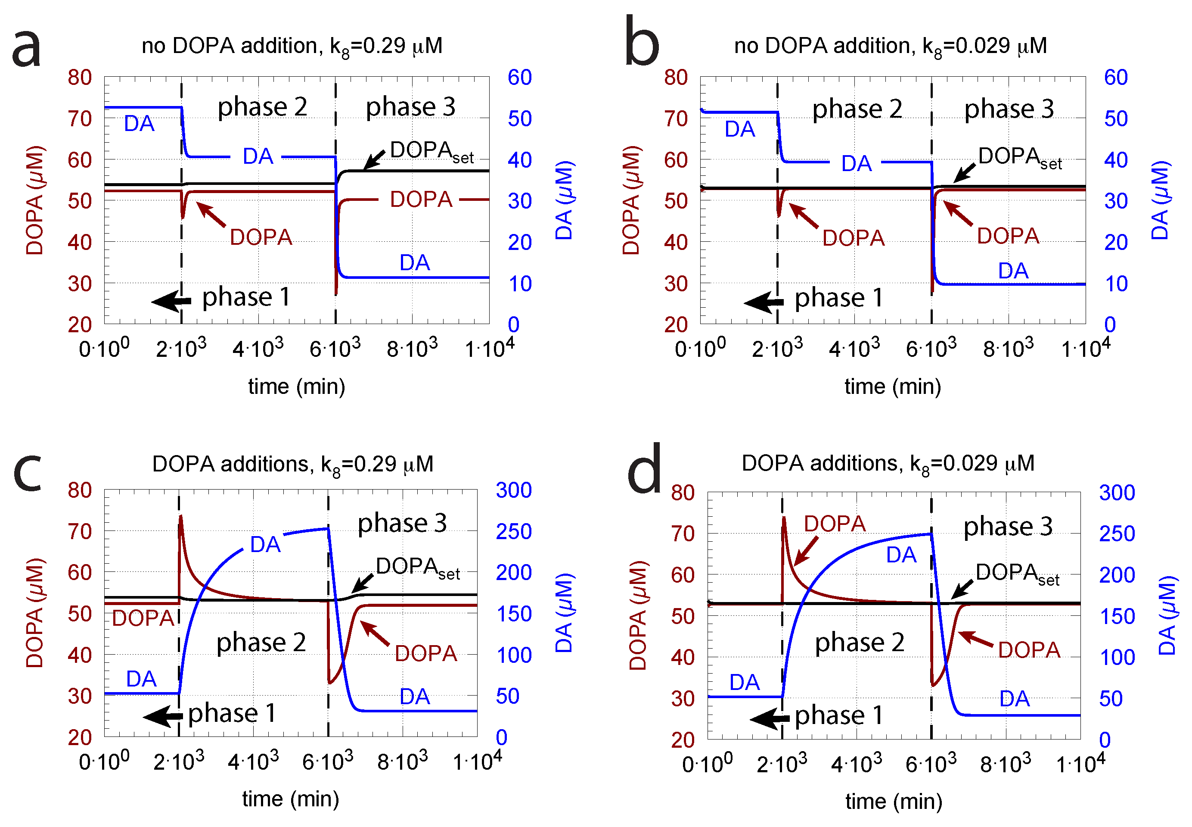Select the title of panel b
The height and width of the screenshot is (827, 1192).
pos(890,47)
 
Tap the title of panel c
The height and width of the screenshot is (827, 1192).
pos(292,464)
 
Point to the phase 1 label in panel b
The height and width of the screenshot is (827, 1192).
pos(838,298)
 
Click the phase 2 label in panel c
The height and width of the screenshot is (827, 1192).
pos(261,643)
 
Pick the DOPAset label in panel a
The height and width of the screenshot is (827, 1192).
pos(431,151)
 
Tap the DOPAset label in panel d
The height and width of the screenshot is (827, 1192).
pos(1017,574)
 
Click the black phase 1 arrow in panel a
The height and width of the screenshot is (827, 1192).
pos(171,300)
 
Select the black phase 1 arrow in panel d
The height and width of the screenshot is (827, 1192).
pos(770,718)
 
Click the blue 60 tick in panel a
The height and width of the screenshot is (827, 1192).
pos(519,78)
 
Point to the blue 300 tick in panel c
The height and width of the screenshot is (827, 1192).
pos(513,490)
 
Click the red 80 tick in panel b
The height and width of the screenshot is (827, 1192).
pos(675,78)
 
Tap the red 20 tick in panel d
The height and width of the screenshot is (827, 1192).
pos(683,740)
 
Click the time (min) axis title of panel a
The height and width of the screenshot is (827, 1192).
pos(296,387)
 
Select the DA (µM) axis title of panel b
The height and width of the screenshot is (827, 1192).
pos(1160,200)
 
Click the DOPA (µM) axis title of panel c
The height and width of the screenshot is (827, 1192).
pos(35,612)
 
